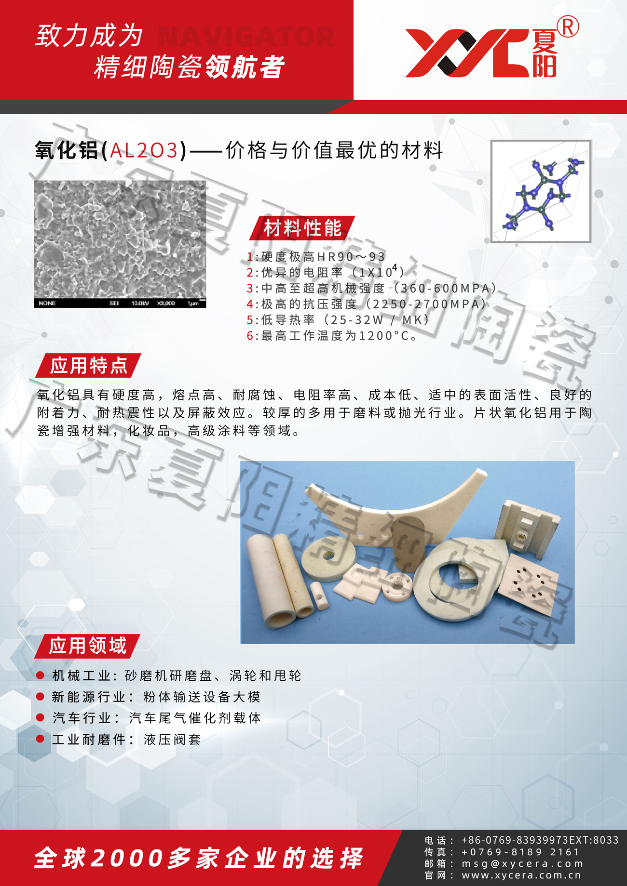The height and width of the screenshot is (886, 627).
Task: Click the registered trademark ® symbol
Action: pos(568,27)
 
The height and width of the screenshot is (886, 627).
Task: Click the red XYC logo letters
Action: pos(468,53)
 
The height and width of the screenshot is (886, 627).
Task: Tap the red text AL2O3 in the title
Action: pos(144,150)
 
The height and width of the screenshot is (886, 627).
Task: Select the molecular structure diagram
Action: pos(541,191)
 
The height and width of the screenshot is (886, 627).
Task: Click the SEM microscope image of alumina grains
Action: pos(120,244)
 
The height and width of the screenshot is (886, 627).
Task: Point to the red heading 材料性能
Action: pos(302,228)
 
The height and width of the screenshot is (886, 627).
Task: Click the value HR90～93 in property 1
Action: pos(352,257)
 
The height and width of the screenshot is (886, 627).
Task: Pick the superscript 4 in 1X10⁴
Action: pos(395,268)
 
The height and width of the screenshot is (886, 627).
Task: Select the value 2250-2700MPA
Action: pos(426,304)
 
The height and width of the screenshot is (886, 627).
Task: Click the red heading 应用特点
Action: pos(88,366)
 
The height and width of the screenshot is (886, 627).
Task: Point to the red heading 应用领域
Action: pos(87,646)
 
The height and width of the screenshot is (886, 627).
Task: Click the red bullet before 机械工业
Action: pos(41,675)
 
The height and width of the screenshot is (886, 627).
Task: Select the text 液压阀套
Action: pos(172,740)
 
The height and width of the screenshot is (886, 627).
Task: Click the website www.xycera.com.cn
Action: pos(521,875)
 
